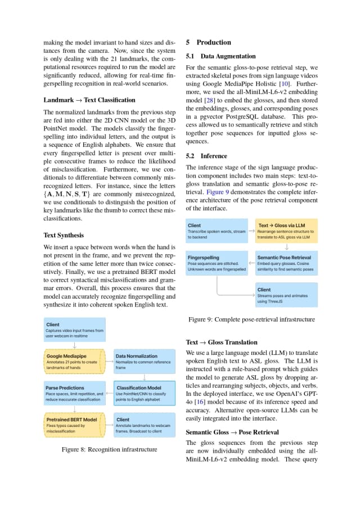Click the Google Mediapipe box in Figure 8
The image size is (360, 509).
tap(74, 362)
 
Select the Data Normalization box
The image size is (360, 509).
tap(145, 362)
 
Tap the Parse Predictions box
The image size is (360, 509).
tap(74, 393)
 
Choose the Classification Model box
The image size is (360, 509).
tap(145, 393)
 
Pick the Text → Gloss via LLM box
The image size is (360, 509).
tap(286, 231)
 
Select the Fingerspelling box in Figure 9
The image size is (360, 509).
tap(217, 263)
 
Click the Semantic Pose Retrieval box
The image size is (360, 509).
tap(286, 263)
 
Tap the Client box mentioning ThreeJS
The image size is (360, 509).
tap(286, 295)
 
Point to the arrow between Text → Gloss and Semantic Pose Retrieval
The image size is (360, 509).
tap(287, 247)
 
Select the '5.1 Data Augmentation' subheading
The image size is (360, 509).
tap(220, 56)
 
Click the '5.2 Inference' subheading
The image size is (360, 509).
tap(206, 156)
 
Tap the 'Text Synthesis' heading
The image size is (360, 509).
tap(65, 235)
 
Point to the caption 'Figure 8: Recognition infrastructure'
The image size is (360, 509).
tap(109, 449)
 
